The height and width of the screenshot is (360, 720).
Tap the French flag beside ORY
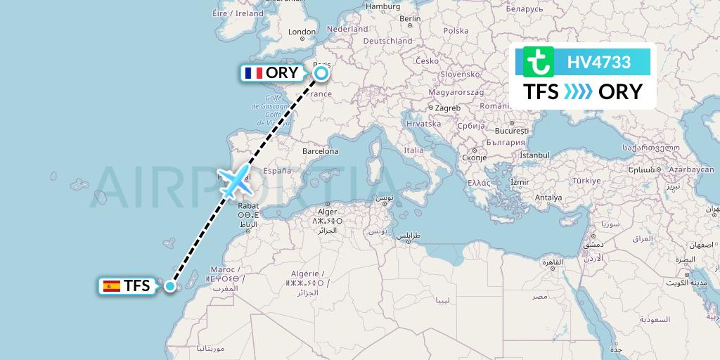(252, 73)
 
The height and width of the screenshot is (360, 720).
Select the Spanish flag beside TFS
(111, 286)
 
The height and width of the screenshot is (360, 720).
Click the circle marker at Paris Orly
(321, 72)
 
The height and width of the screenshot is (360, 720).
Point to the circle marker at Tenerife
(169, 285)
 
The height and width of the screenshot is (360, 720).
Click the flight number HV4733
(599, 62)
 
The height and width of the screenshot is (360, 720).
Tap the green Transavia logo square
(539, 62)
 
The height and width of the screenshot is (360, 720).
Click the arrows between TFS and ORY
(578, 92)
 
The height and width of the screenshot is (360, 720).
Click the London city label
(302, 32)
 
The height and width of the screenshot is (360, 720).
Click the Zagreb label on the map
(447, 108)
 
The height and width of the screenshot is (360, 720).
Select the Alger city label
(328, 210)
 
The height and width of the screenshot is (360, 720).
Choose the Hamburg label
(383, 6)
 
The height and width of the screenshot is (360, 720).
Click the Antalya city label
(548, 198)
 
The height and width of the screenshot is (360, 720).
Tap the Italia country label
(413, 150)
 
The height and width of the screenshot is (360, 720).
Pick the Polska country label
(456, 31)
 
